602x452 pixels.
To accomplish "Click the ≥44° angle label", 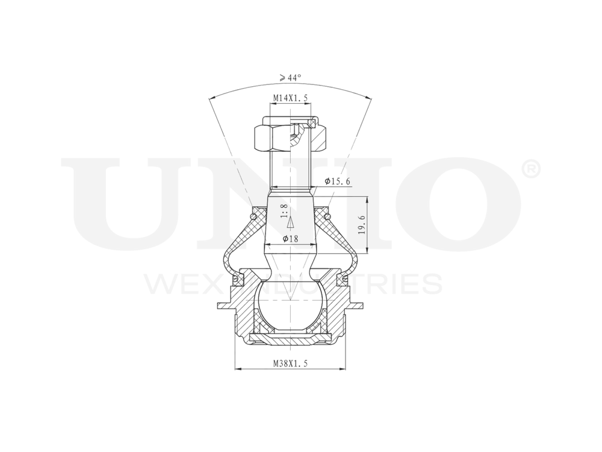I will point(290,78).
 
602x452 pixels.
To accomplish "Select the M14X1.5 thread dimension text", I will point(290,98).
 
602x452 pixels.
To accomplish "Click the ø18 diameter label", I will point(290,239).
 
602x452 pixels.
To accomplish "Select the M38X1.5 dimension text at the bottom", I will point(290,363).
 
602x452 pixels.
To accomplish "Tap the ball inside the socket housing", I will point(290,304).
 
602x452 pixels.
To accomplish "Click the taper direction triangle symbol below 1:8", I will point(290,223).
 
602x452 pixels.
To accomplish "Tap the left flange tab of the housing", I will point(224,304).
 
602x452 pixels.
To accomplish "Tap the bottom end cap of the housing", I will point(290,341).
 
